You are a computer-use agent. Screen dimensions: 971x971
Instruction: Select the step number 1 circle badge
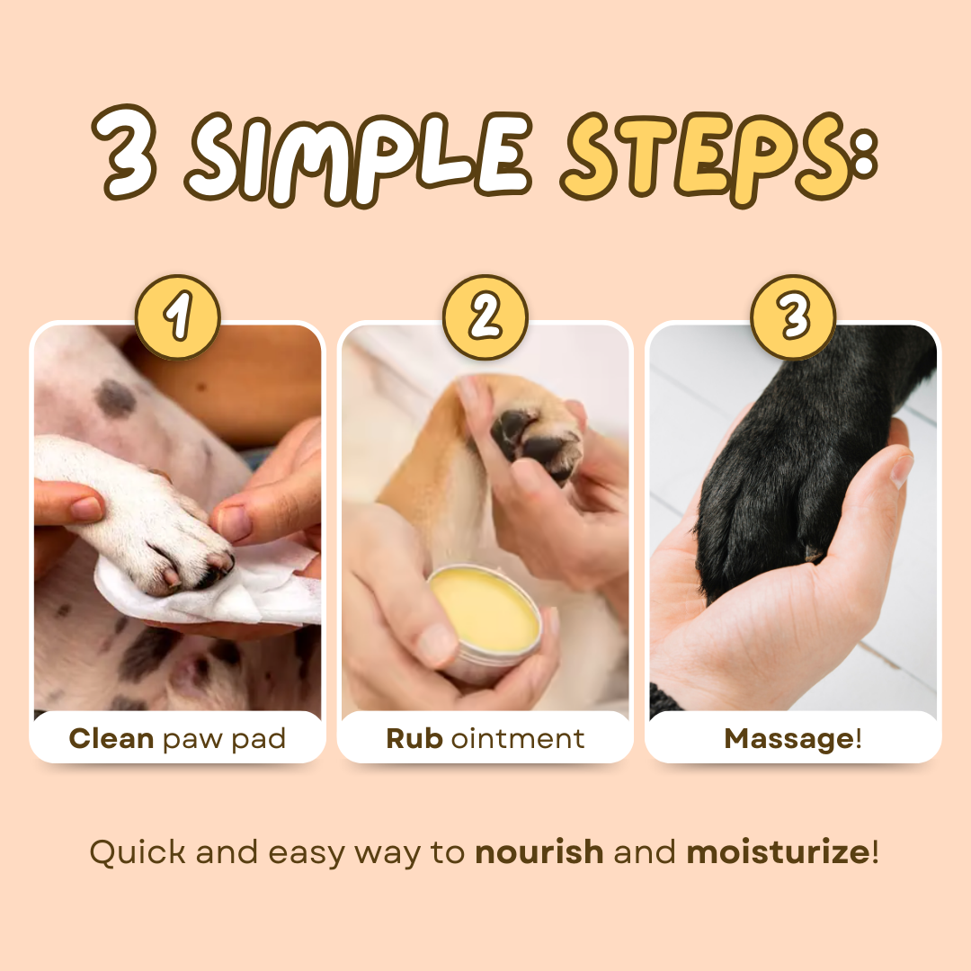[177, 317]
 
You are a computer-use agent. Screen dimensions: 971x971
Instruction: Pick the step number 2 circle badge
[485, 317]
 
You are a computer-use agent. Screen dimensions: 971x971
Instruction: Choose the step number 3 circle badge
[794, 317]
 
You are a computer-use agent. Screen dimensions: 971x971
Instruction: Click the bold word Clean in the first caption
[111, 739]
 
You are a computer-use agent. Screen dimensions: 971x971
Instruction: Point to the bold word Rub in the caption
[414, 739]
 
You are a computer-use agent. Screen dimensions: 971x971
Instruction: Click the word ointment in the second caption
[518, 739]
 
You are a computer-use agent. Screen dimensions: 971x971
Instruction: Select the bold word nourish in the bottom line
[539, 851]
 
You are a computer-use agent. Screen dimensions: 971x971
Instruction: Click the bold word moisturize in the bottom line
[778, 851]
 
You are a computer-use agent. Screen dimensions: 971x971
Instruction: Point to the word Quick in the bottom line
[138, 851]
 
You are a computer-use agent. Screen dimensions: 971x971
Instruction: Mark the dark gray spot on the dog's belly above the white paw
[116, 397]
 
